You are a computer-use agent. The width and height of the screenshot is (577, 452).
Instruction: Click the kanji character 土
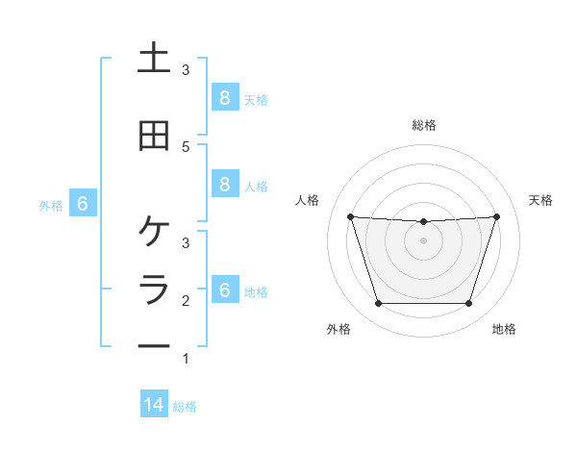click(154, 59)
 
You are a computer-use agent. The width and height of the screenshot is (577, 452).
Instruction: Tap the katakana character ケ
click(154, 232)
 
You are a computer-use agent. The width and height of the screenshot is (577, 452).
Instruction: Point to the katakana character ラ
click(154, 289)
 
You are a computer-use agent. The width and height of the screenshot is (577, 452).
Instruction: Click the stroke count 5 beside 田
click(186, 147)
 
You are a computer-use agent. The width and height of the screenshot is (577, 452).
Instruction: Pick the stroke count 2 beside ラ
click(186, 301)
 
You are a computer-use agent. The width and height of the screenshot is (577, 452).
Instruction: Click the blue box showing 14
click(154, 405)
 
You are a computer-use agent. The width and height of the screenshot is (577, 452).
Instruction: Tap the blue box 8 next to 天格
click(224, 97)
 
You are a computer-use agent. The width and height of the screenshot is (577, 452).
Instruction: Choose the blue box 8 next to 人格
click(224, 184)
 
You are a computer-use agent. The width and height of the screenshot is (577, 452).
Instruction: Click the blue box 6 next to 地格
click(224, 289)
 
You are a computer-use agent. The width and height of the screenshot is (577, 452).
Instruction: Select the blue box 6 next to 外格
click(83, 203)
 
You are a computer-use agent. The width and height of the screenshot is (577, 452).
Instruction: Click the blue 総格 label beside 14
click(185, 406)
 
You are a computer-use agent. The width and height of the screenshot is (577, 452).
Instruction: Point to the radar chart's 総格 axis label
click(423, 125)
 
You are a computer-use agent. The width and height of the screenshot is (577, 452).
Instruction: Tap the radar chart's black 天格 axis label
click(541, 200)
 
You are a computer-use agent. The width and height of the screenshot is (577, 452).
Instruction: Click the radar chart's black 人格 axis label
click(308, 200)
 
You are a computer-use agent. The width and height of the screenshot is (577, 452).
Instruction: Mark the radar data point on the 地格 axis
click(468, 304)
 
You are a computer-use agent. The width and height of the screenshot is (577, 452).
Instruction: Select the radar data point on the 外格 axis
click(378, 304)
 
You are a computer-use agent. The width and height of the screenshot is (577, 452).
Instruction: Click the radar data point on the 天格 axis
click(496, 216)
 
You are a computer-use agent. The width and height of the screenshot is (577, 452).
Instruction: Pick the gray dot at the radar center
click(423, 240)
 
